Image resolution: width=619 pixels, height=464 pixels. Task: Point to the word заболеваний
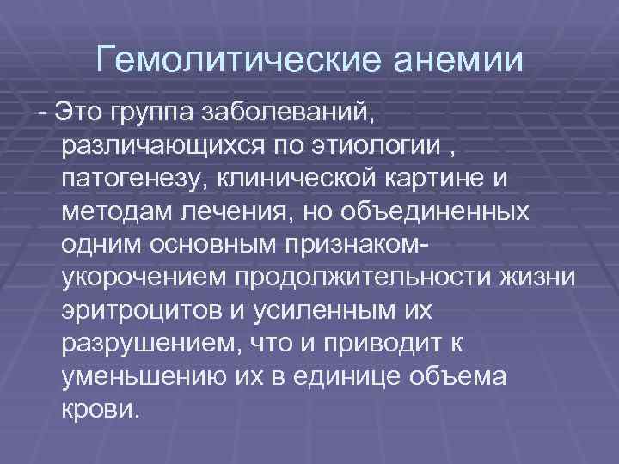pos(288,111)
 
